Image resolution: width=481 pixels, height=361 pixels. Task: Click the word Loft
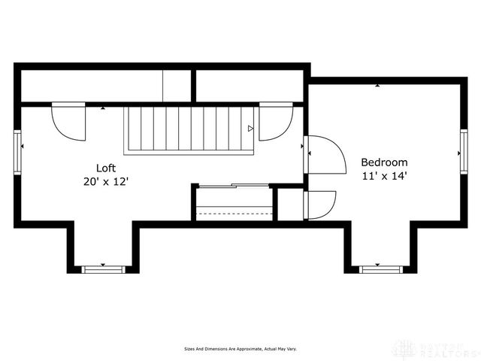[106, 168]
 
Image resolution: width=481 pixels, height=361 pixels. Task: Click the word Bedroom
[384, 162]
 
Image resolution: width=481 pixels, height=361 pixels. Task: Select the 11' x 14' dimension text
[384, 176]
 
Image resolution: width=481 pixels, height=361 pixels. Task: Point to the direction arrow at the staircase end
[250, 129]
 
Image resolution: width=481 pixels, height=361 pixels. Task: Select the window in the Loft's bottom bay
[102, 268]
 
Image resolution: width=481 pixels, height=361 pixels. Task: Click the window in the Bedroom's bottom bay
[381, 268]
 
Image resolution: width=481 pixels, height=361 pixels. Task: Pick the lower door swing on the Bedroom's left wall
[319, 205]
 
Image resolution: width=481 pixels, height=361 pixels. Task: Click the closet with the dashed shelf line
[233, 204]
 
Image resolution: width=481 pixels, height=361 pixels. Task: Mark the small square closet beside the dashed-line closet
[289, 204]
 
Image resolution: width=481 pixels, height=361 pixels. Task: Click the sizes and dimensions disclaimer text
[240, 349]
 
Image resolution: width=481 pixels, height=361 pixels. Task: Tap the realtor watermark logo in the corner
[440, 349]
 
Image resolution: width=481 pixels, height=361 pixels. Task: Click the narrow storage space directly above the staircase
[179, 86]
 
